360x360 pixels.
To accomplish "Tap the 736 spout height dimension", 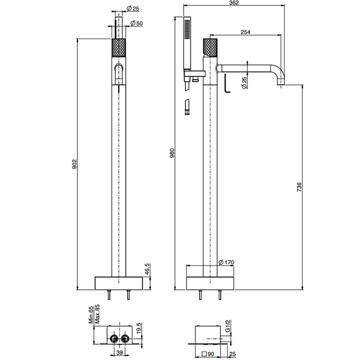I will coord(299,187).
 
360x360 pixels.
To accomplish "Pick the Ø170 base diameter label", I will coord(226,263).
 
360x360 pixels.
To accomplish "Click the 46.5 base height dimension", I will coord(147,270).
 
